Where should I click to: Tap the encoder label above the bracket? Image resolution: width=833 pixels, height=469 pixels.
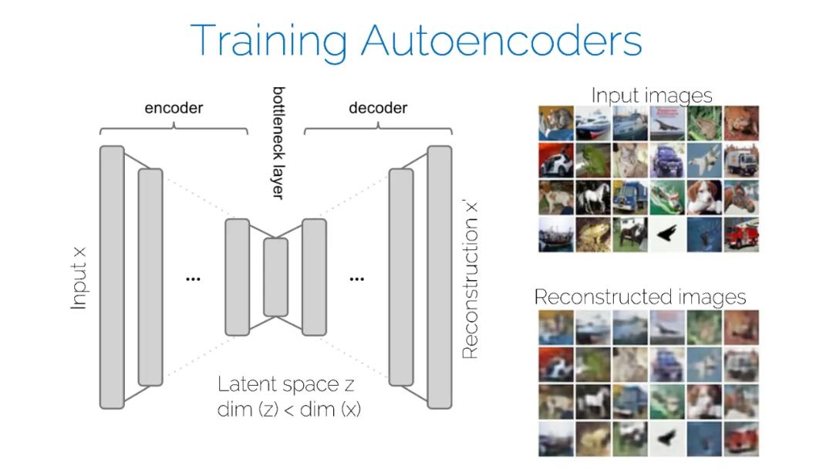(174, 108)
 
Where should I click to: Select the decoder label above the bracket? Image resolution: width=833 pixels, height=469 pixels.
(378, 108)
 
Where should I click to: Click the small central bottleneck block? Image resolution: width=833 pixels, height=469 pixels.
(275, 277)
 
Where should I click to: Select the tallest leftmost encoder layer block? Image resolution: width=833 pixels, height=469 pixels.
(112, 277)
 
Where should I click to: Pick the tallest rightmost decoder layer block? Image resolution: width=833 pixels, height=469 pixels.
(439, 276)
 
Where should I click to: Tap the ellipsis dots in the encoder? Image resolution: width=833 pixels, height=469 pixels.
(193, 278)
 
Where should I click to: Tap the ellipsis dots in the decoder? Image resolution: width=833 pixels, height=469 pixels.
(356, 278)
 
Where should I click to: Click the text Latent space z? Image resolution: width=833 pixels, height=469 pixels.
(285, 384)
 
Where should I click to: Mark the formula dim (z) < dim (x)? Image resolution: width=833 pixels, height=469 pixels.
(288, 410)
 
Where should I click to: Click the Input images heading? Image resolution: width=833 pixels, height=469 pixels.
(651, 96)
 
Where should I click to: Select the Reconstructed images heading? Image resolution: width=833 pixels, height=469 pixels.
(640, 297)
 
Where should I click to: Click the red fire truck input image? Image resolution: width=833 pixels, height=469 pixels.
(740, 234)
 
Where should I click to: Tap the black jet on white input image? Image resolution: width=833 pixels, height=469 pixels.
(667, 234)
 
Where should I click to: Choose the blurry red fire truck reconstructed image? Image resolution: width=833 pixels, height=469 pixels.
(740, 438)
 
